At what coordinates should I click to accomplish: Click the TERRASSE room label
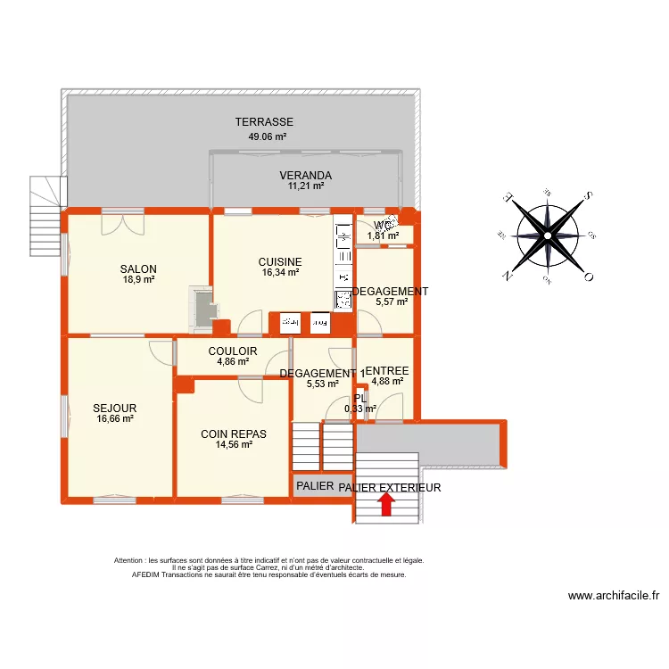click(x=264, y=122)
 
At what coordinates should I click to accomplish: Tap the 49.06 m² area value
click(x=268, y=137)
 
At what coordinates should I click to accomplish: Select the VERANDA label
click(x=305, y=176)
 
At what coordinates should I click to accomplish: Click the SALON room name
click(x=139, y=268)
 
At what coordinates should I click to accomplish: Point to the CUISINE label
click(x=280, y=261)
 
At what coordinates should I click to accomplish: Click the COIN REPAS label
click(x=234, y=434)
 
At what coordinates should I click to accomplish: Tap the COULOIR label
click(x=233, y=351)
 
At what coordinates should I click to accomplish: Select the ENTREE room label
click(x=387, y=370)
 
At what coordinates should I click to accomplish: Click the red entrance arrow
click(x=386, y=505)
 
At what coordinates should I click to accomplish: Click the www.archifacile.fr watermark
click(x=613, y=597)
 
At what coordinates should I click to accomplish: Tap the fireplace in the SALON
click(x=202, y=308)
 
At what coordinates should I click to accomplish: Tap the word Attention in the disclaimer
click(x=132, y=561)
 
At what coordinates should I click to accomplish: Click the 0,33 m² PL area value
click(x=360, y=409)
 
